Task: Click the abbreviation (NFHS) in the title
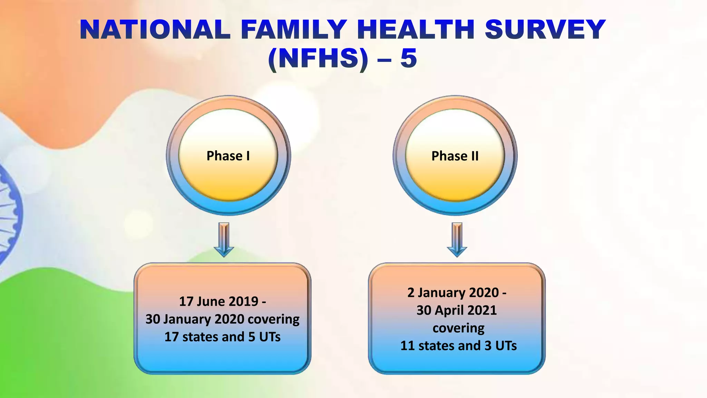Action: [318, 58]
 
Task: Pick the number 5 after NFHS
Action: [409, 58]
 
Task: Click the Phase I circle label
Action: [228, 156]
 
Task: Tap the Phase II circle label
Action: [455, 156]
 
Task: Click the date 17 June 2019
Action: [219, 301]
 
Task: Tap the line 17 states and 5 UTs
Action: [222, 337]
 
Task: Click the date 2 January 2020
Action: [453, 293]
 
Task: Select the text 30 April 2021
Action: [456, 310]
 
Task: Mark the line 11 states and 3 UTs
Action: [458, 346]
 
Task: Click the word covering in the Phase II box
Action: [458, 328]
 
